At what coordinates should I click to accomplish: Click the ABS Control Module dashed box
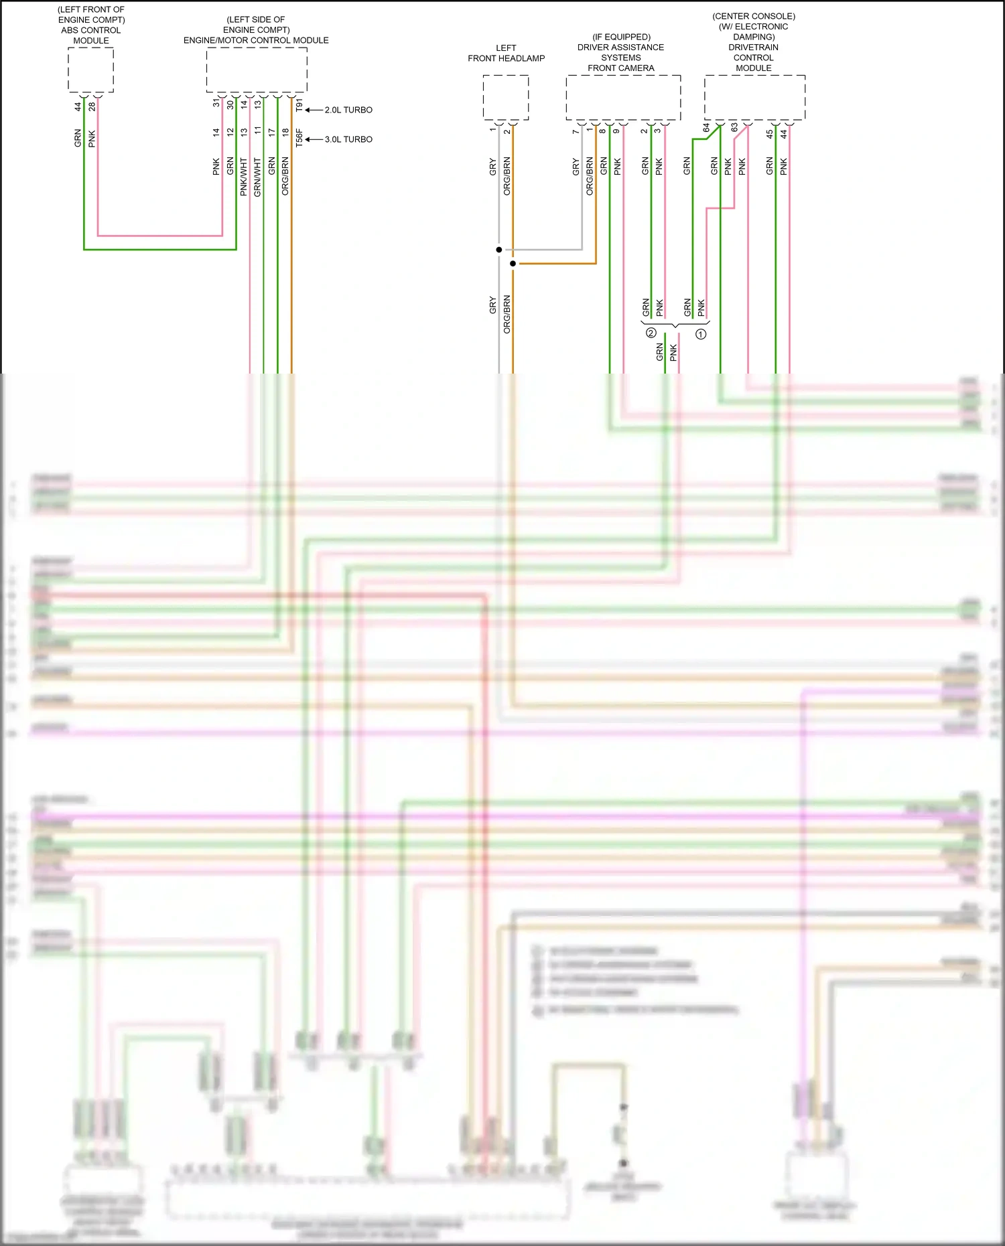tap(90, 70)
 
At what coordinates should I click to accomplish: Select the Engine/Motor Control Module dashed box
tap(257, 70)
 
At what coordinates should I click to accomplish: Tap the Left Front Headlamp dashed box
tap(506, 98)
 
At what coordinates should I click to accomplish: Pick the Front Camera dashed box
tap(623, 98)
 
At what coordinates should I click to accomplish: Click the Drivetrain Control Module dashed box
tap(754, 98)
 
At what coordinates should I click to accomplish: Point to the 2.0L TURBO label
tap(348, 110)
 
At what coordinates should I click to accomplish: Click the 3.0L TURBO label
tap(348, 139)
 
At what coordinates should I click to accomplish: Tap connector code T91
tap(299, 105)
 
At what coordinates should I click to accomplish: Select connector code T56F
tap(299, 139)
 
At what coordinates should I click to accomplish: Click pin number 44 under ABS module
tap(78, 106)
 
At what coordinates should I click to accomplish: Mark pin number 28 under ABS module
tap(92, 106)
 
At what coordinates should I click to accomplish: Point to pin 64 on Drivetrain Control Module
tap(706, 127)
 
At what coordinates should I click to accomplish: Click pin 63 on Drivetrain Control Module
tap(734, 127)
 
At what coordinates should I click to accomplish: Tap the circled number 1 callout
tap(701, 333)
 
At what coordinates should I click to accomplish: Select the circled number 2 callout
tap(651, 333)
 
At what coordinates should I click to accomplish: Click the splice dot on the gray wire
tap(499, 250)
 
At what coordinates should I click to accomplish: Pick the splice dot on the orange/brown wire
tap(513, 264)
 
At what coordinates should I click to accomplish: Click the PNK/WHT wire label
tap(244, 177)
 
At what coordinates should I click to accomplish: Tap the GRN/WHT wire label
tap(258, 177)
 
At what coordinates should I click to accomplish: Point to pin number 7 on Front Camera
tap(576, 131)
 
